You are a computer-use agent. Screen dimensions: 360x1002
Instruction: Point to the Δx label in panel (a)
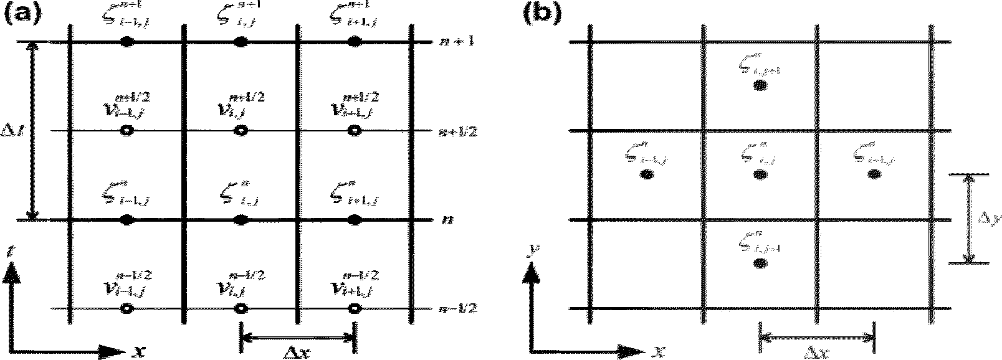tap(297, 352)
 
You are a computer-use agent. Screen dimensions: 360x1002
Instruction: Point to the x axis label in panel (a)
tap(138, 351)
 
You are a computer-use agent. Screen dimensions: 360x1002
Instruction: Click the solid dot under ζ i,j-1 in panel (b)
tap(760, 263)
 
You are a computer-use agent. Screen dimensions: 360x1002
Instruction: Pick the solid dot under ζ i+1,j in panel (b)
tap(874, 175)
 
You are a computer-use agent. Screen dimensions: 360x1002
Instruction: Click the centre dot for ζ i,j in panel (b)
tap(760, 175)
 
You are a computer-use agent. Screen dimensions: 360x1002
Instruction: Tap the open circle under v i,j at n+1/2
tap(240, 131)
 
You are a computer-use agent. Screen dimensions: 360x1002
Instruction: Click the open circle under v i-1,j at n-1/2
tap(126, 308)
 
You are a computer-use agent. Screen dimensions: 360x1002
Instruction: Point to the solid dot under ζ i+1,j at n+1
tap(354, 42)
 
